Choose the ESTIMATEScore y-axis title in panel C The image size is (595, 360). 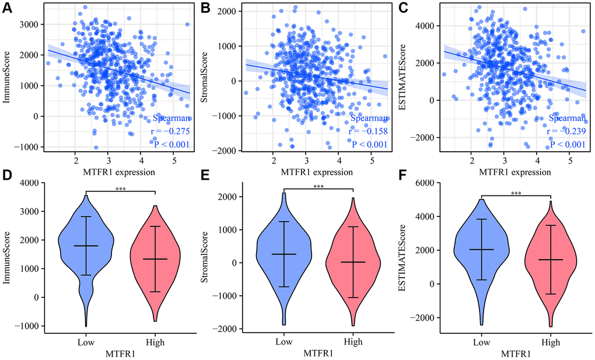point(406,82)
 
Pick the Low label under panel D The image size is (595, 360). point(86,342)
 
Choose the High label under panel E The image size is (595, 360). point(353,342)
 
